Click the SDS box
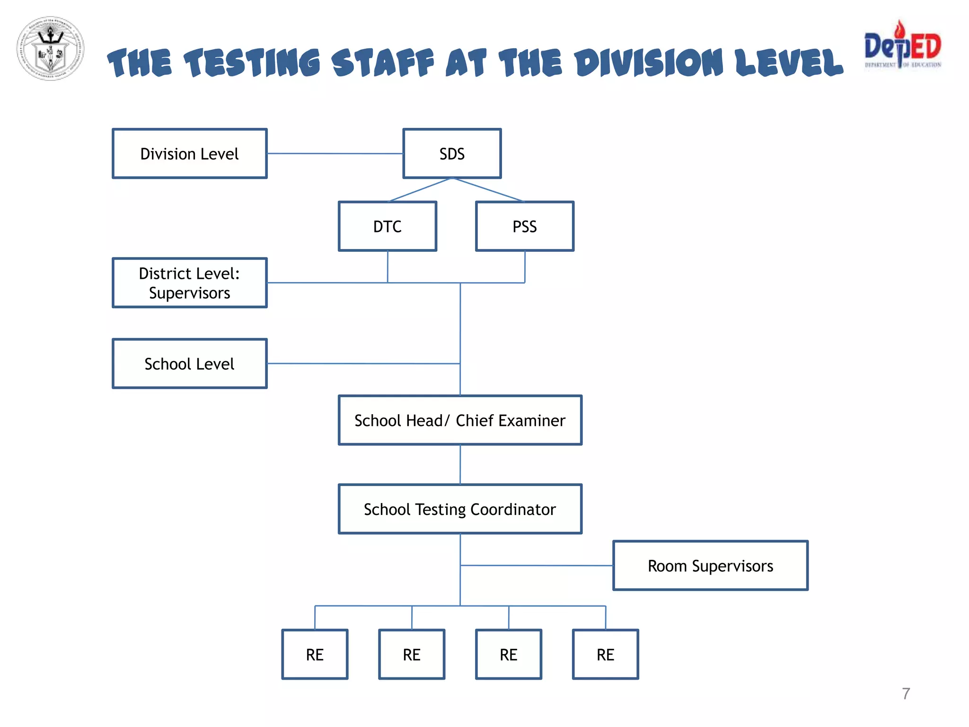pyautogui.click(x=452, y=154)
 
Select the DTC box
pyautogui.click(x=388, y=226)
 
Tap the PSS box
pyautogui.click(x=525, y=226)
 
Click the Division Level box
pyautogui.click(x=190, y=154)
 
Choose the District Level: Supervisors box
pyautogui.click(x=190, y=283)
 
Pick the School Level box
pyautogui.click(x=190, y=363)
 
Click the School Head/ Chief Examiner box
pyautogui.click(x=460, y=420)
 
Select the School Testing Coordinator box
pyautogui.click(x=460, y=509)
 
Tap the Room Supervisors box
pyautogui.click(x=710, y=566)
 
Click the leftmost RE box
pyautogui.click(x=315, y=655)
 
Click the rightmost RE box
pyautogui.click(x=606, y=655)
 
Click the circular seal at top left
pyautogui.click(x=51, y=48)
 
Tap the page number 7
pyautogui.click(x=906, y=694)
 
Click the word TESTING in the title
pyautogui.click(x=252, y=63)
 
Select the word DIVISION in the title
pyautogui.click(x=649, y=63)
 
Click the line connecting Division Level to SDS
pyautogui.click(x=335, y=153)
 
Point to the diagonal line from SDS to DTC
pyautogui.click(x=420, y=190)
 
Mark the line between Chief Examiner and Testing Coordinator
pyautogui.click(x=460, y=464)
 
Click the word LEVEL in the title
pyautogui.click(x=789, y=63)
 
